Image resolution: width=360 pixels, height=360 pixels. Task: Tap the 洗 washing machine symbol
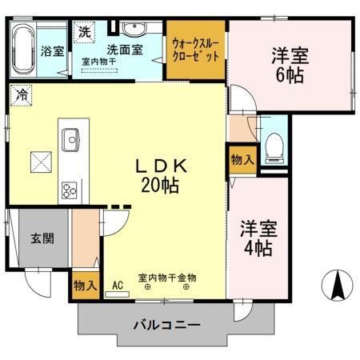coord(85,33)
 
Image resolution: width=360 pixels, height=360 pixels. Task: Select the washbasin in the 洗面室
coord(133,33)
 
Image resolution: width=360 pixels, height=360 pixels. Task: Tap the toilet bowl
coord(274,146)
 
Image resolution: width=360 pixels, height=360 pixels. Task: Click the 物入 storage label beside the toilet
coord(242,159)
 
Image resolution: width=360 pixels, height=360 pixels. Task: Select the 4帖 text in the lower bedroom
coord(257,246)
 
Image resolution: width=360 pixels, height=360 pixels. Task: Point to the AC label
coord(117,285)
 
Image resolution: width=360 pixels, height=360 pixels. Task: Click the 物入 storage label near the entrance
coord(86,286)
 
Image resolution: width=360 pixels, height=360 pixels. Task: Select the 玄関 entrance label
coord(42,238)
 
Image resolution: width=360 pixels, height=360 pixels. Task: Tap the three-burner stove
coord(70,190)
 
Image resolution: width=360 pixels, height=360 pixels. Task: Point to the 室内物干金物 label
coord(166,278)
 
